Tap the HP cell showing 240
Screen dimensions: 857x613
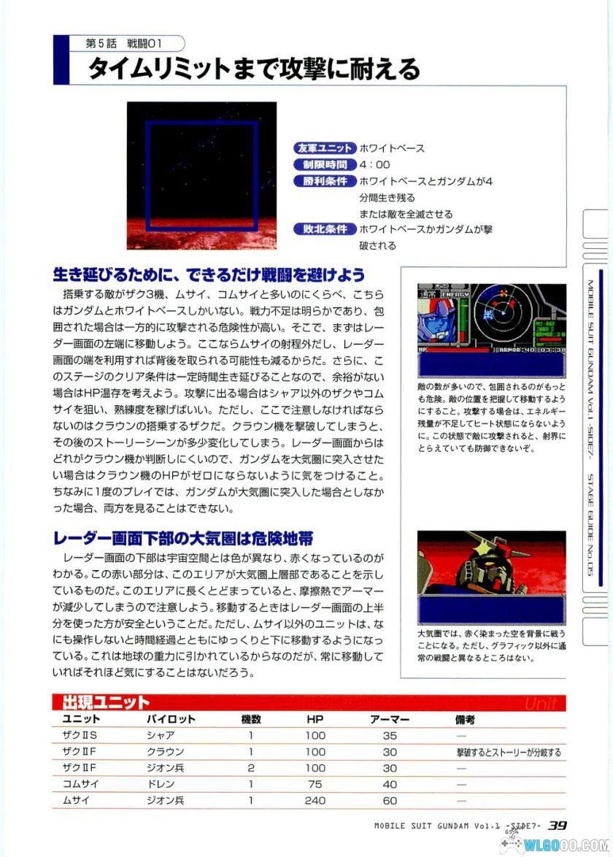[315, 800]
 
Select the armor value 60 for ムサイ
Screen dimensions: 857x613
[390, 800]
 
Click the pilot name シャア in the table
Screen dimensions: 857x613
[161, 736]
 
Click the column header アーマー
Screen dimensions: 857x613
[390, 719]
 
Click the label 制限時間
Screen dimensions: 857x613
[324, 164]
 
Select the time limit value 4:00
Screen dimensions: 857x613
[375, 164]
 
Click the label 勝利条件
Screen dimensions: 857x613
[324, 180]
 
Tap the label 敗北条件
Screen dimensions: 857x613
[324, 229]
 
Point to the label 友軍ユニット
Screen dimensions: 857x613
[324, 148]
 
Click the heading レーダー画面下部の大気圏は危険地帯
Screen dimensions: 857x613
[183, 539]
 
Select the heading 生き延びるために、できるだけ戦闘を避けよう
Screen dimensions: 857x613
[209, 274]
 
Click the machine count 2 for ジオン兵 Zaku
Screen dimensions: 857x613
[250, 768]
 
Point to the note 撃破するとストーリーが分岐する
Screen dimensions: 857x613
[509, 752]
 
